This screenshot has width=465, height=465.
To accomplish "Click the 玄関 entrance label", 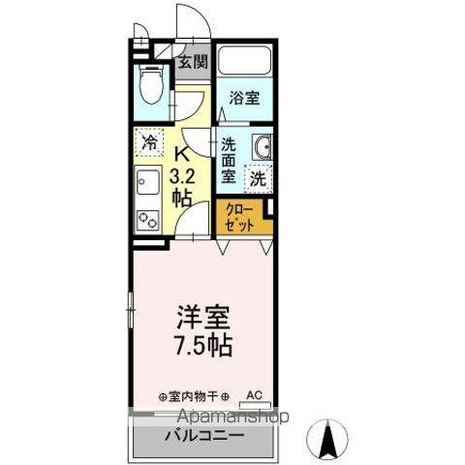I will [x=192, y=64].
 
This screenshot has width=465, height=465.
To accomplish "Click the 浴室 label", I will [x=243, y=98].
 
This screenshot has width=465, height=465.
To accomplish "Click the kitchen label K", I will [x=181, y=153].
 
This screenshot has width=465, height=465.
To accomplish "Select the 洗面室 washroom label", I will [x=229, y=161].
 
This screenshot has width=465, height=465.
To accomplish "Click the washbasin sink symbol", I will [x=263, y=147].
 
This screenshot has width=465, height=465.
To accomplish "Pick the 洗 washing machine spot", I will [x=257, y=178].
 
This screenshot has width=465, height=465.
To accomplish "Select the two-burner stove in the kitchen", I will [x=148, y=218].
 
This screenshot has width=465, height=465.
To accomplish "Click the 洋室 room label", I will [x=201, y=319].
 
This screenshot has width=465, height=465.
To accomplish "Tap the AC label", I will [x=255, y=395].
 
